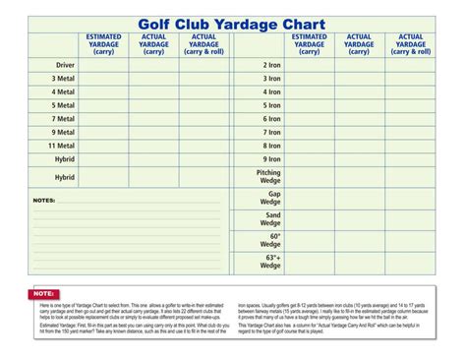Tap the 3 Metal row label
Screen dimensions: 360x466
63,78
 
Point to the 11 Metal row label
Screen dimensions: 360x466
61,145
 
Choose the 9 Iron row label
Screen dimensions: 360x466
271,157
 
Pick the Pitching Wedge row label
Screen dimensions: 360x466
268,175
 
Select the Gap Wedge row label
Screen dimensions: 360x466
271,198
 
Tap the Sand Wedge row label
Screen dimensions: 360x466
271,218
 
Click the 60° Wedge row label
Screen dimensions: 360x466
271,240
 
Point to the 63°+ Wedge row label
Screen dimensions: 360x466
270,262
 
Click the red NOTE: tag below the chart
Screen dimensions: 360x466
44,293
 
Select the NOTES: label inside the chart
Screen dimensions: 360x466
44,200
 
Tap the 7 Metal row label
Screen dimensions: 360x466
63,118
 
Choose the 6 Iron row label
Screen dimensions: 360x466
271,118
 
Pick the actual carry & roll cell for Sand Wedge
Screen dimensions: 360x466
411,218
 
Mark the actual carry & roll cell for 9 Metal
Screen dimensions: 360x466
204,131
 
